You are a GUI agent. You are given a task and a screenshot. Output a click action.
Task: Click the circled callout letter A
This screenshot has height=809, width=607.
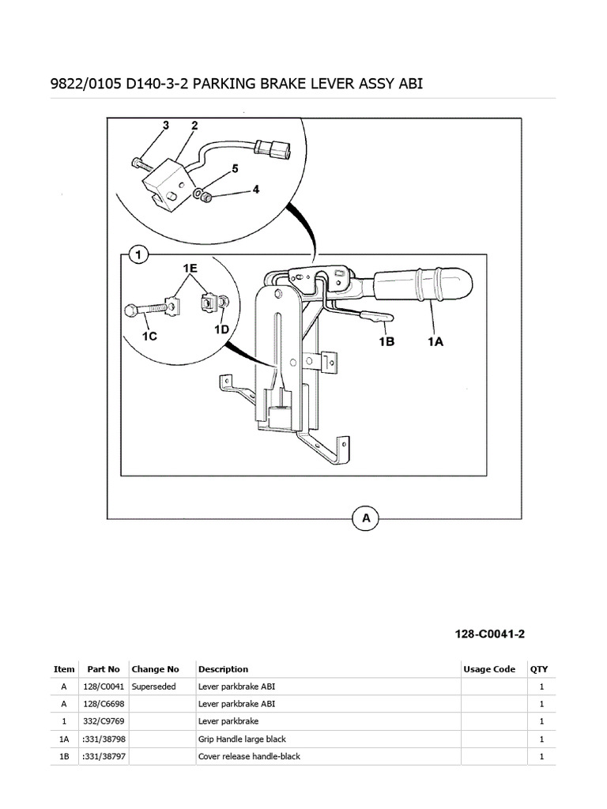[366, 518]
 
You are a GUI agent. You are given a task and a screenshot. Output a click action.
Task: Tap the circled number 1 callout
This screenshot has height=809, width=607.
[139, 254]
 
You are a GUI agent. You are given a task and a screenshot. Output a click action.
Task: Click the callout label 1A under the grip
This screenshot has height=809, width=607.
[435, 342]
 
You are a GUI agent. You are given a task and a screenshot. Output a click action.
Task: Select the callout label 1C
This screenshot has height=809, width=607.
[149, 335]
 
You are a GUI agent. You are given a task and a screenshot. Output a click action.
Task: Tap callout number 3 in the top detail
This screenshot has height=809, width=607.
[166, 125]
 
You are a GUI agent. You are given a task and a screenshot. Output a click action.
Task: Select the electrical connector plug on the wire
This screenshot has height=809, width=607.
[274, 149]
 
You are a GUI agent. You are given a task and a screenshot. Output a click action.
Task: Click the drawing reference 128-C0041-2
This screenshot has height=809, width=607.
[490, 634]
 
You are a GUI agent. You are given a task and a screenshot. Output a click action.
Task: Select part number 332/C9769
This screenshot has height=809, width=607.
[101, 721]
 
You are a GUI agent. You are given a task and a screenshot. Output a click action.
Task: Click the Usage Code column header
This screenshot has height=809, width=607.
[488, 669]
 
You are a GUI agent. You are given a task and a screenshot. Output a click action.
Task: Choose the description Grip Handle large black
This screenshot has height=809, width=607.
[241, 739]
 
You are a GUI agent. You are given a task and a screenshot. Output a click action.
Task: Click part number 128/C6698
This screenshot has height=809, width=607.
[101, 704]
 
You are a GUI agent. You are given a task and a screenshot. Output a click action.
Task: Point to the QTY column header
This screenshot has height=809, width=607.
[538, 669]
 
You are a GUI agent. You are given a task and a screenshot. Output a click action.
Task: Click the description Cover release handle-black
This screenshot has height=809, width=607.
[249, 756]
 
